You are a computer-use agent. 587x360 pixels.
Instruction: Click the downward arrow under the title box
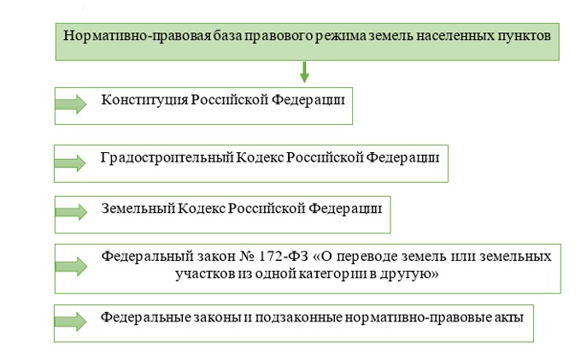coord(304,72)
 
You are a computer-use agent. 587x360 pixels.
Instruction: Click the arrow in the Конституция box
coord(71,104)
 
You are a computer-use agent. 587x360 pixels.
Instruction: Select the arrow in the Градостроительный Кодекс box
coord(70,163)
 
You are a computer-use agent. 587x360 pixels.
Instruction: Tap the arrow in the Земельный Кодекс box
coord(71,212)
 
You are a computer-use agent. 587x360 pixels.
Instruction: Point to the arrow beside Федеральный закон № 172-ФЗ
coord(71,266)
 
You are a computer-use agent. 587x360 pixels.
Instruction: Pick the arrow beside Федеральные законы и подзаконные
coord(70,322)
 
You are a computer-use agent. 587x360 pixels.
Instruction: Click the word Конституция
coord(144,100)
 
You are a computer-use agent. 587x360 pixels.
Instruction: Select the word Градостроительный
coord(167,157)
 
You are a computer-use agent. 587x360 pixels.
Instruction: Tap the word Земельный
coord(138,209)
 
